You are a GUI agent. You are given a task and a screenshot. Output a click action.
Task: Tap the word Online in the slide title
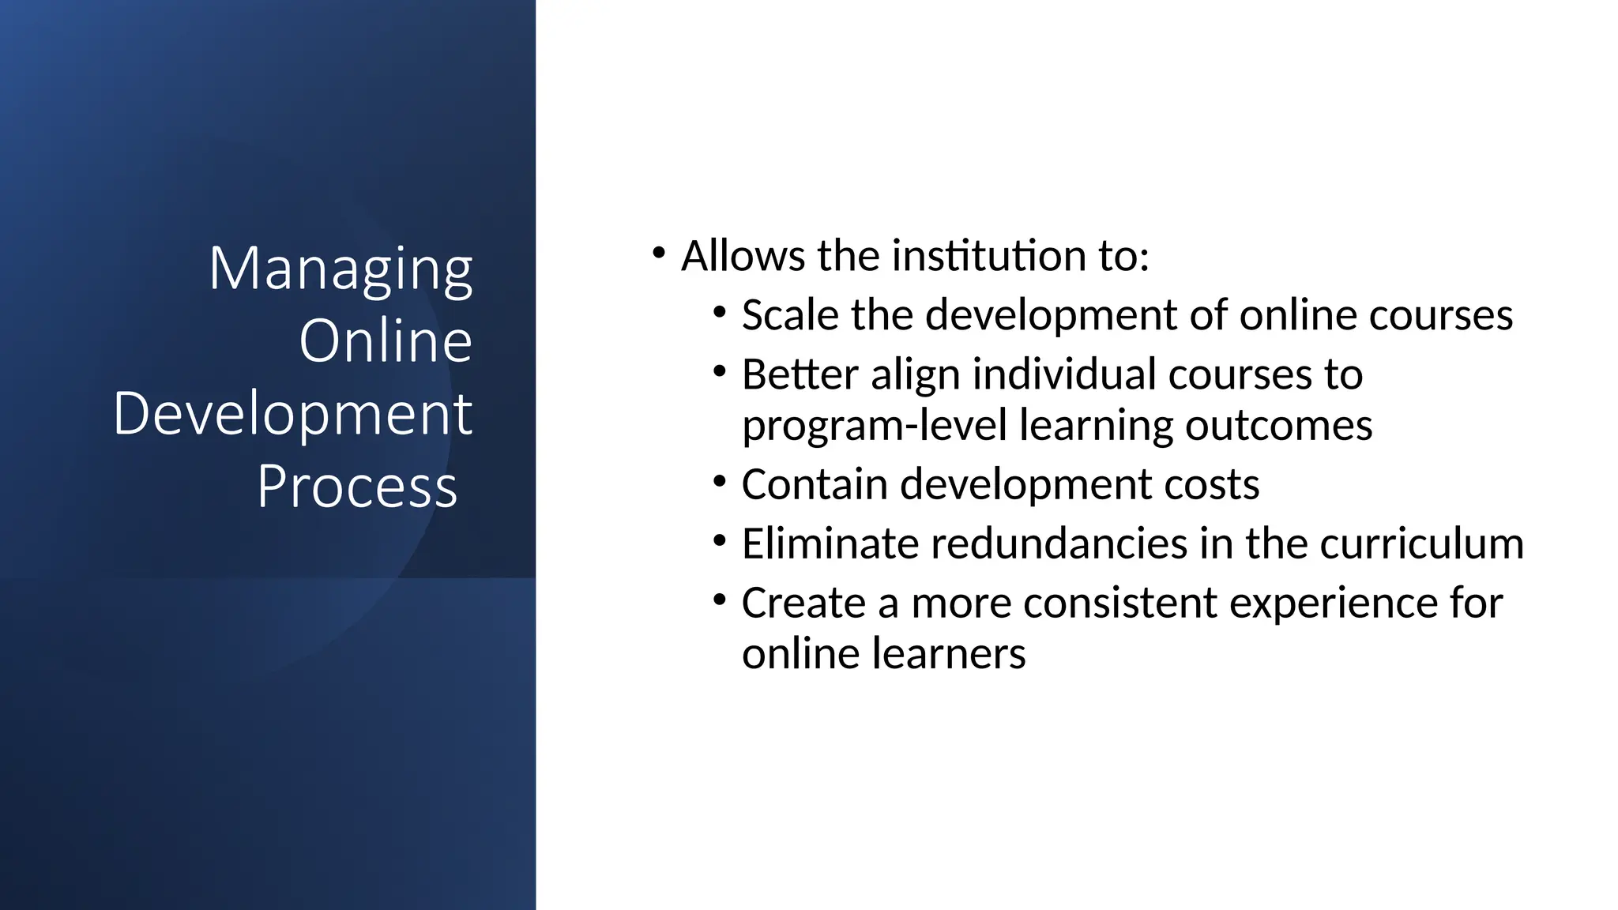point(386,341)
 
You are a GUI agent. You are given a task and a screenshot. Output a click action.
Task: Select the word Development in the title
point(292,414)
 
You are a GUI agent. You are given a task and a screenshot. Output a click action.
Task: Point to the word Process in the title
point(357,486)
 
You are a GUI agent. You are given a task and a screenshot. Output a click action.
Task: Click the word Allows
point(743,256)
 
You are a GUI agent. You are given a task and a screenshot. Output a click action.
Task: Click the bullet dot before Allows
point(659,254)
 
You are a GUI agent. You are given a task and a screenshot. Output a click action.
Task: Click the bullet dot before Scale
point(719,312)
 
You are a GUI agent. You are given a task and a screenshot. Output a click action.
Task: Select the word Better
point(800,374)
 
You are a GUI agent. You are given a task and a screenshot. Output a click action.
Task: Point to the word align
point(915,374)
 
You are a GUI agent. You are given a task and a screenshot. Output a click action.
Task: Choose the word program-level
point(875,426)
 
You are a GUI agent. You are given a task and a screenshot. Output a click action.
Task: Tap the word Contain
point(815,484)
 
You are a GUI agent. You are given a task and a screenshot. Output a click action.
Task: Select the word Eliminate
point(830,543)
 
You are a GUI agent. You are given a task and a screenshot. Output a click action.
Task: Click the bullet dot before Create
point(719,600)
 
